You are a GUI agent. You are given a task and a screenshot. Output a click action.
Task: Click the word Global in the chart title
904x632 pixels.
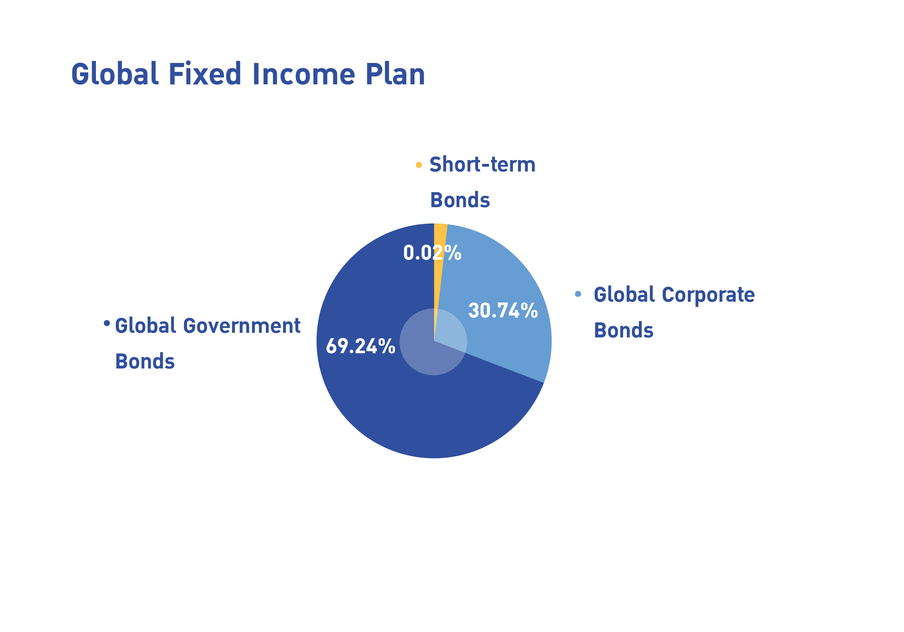(115, 74)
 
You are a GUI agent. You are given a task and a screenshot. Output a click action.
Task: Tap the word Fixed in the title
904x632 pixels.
(205, 74)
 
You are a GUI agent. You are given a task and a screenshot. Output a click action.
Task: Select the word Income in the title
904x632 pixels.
(303, 74)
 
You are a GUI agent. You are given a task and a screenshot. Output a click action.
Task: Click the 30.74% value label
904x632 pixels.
(503, 311)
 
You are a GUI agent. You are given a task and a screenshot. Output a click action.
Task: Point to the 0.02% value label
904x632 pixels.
(432, 253)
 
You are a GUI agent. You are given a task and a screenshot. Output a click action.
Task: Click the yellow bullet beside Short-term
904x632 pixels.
(419, 165)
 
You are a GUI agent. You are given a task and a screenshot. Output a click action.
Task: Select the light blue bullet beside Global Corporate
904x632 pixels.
(578, 294)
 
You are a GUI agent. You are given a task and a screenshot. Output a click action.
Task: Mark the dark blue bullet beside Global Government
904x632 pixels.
(107, 323)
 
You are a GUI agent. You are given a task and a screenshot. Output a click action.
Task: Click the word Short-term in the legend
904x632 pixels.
(482, 164)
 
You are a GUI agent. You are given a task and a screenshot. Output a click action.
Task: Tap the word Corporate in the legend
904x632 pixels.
(708, 295)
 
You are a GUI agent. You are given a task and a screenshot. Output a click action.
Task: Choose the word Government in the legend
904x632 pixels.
(242, 326)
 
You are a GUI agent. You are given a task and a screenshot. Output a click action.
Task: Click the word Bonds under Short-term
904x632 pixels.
(460, 200)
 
